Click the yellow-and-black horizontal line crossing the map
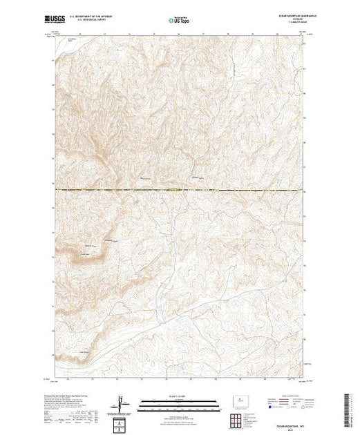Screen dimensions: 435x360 pyautogui.click(x=180, y=190)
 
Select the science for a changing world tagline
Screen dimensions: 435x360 pyautogui.click(x=58, y=24)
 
